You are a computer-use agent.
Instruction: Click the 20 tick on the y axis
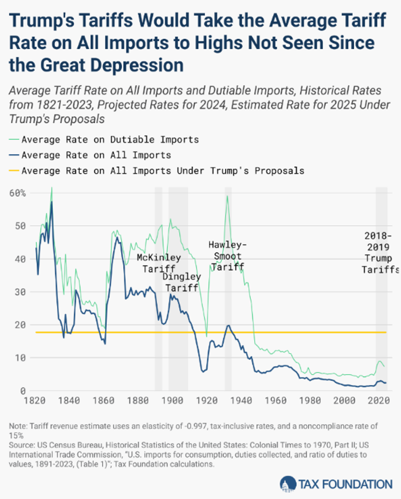[20, 325]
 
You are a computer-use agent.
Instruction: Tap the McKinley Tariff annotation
[159, 262]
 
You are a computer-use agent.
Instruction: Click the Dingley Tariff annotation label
[182, 282]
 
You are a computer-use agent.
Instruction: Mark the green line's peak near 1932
[227, 196]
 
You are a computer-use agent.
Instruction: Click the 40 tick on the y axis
[20, 259]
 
